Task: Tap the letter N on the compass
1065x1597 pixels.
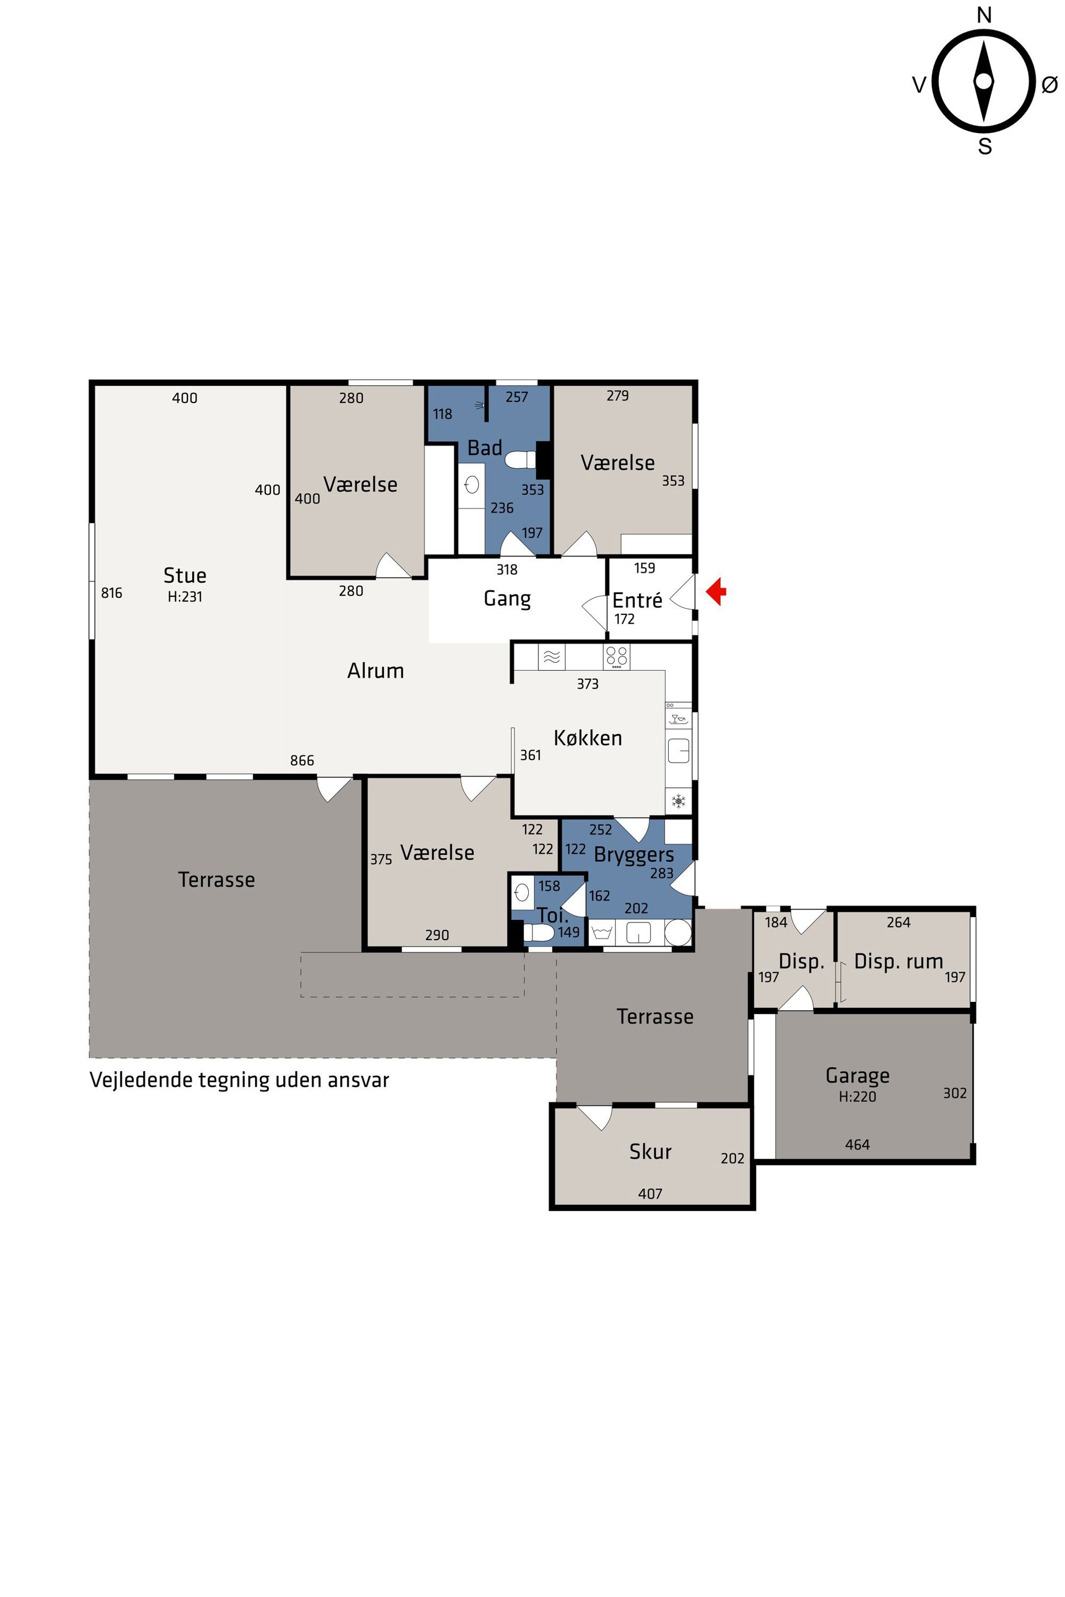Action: pyautogui.click(x=984, y=14)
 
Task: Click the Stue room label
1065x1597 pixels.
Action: pyautogui.click(x=185, y=575)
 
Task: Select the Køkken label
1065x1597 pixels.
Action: pyautogui.click(x=587, y=737)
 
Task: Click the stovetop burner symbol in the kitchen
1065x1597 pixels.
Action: pyautogui.click(x=616, y=657)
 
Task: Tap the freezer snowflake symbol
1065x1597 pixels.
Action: pyautogui.click(x=678, y=801)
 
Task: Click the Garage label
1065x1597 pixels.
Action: pyautogui.click(x=857, y=1075)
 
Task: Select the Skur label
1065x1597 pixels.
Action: pyautogui.click(x=650, y=1151)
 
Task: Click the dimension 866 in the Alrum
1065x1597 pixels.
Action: pyautogui.click(x=302, y=760)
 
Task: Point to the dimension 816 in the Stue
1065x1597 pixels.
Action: pyautogui.click(x=112, y=593)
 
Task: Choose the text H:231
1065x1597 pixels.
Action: pyautogui.click(x=185, y=596)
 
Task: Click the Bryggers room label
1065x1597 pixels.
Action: pyautogui.click(x=634, y=855)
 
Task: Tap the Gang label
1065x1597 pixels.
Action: pyautogui.click(x=507, y=598)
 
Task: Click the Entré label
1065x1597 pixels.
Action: pyautogui.click(x=637, y=599)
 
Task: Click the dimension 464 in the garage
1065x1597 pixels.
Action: pyautogui.click(x=857, y=1144)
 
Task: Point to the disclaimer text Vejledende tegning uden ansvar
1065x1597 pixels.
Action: pyautogui.click(x=239, y=1080)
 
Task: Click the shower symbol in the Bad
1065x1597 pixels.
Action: pyautogui.click(x=479, y=405)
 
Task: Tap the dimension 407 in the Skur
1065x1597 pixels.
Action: pyautogui.click(x=650, y=1193)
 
